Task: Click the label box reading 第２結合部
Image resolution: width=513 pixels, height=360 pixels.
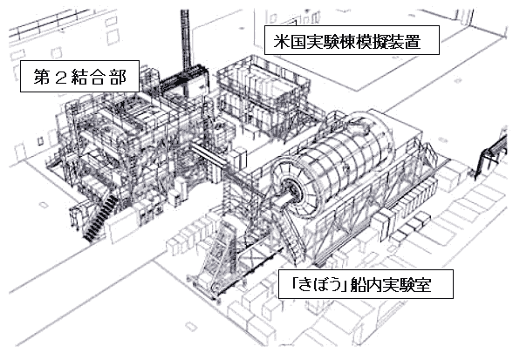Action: coord(80,76)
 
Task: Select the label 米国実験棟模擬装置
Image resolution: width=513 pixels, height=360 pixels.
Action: coord(352,40)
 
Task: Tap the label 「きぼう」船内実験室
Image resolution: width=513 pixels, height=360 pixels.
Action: coord(366,284)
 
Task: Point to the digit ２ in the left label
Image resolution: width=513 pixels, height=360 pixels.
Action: coord(61,78)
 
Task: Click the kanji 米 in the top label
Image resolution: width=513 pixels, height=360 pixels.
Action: coord(282,41)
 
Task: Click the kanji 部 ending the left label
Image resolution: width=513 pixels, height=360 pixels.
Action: coord(119,78)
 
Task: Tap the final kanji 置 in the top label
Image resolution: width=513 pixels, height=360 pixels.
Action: coord(413,41)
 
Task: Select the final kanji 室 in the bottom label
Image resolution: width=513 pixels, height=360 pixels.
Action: coord(423,285)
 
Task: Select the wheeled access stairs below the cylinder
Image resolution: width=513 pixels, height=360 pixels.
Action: coord(216,258)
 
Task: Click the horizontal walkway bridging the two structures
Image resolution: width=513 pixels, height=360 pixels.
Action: coord(209,156)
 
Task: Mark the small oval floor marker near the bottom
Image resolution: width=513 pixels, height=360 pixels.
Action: coord(191,327)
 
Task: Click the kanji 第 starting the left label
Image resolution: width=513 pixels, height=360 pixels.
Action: coord(42,78)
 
